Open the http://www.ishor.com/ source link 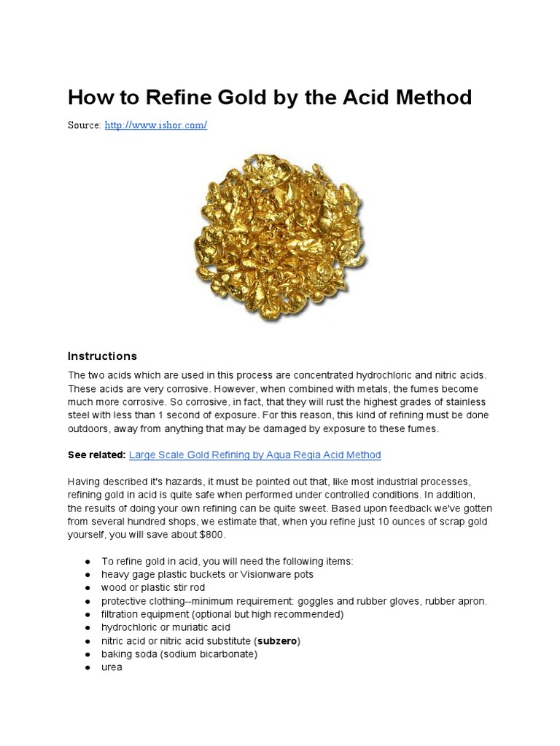(156, 125)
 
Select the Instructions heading (102, 356)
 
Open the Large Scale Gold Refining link (254, 455)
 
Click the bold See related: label (96, 455)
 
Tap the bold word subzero (276, 641)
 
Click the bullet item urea (112, 667)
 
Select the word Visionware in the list (266, 574)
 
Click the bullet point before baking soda (87, 654)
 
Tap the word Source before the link (84, 125)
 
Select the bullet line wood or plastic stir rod (153, 587)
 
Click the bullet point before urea (87, 667)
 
